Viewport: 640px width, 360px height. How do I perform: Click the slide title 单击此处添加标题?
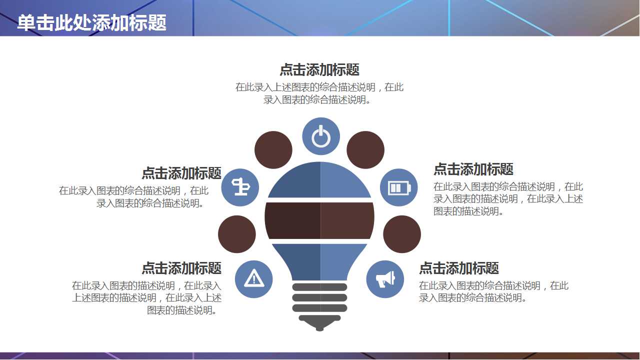coord(91,22)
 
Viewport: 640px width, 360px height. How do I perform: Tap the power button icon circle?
coord(321,136)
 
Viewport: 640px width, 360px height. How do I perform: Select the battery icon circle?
coord(399,187)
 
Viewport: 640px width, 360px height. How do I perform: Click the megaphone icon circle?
coord(385,279)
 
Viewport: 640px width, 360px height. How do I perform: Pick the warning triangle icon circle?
coord(254,279)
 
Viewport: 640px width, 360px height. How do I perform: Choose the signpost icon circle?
coord(240,187)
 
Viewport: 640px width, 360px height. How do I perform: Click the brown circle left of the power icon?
coord(273,150)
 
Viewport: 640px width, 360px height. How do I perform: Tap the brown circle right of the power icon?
coord(365,150)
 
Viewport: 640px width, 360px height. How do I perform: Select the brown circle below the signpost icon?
coord(237,234)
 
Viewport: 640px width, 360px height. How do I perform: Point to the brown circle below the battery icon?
coord(402,234)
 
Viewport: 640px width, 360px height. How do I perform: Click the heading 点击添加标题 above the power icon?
coord(319,69)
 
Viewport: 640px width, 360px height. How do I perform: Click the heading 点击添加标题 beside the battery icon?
coord(473,169)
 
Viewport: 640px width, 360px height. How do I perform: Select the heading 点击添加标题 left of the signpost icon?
coord(181,173)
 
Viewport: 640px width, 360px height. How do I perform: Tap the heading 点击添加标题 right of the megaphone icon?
coord(458,268)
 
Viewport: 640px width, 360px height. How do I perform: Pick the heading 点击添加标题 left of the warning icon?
coord(181,268)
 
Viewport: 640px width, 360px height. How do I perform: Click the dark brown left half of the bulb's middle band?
coord(293,220)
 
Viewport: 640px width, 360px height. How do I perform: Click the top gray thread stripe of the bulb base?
coord(319,287)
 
